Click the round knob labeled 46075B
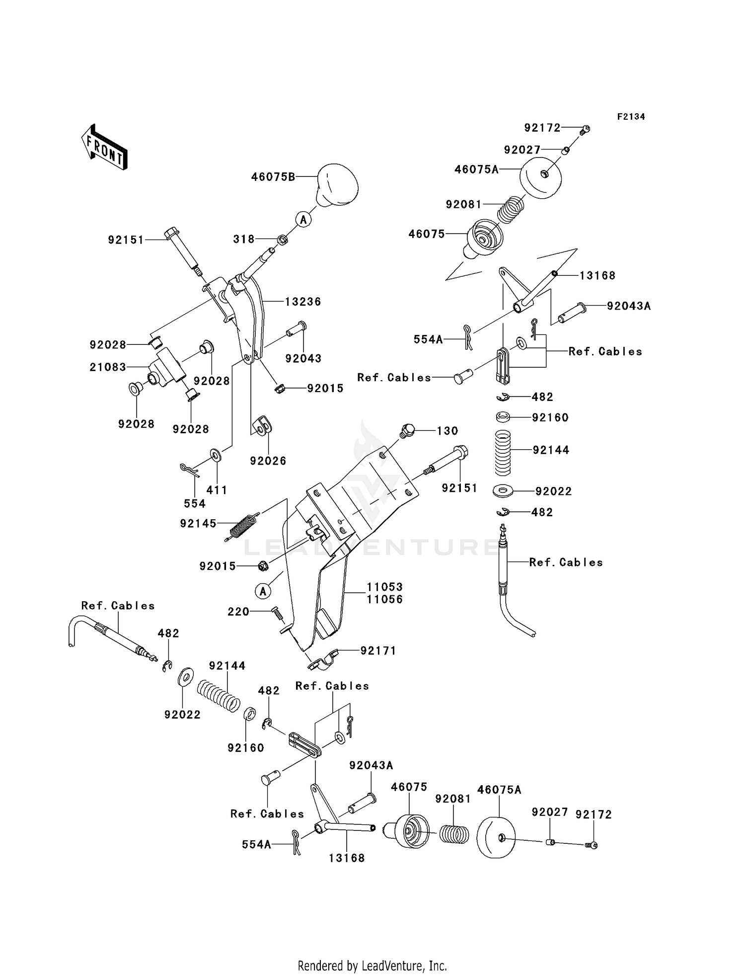point(337,185)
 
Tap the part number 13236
point(303,302)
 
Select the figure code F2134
point(631,117)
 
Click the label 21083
point(108,367)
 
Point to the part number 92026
point(268,461)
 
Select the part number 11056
point(385,599)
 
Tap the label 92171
point(378,650)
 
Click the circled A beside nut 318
point(303,219)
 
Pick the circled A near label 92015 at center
point(263,591)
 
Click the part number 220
point(238,612)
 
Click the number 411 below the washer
point(217,490)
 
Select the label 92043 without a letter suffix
point(303,358)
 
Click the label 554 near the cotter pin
point(195,503)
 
